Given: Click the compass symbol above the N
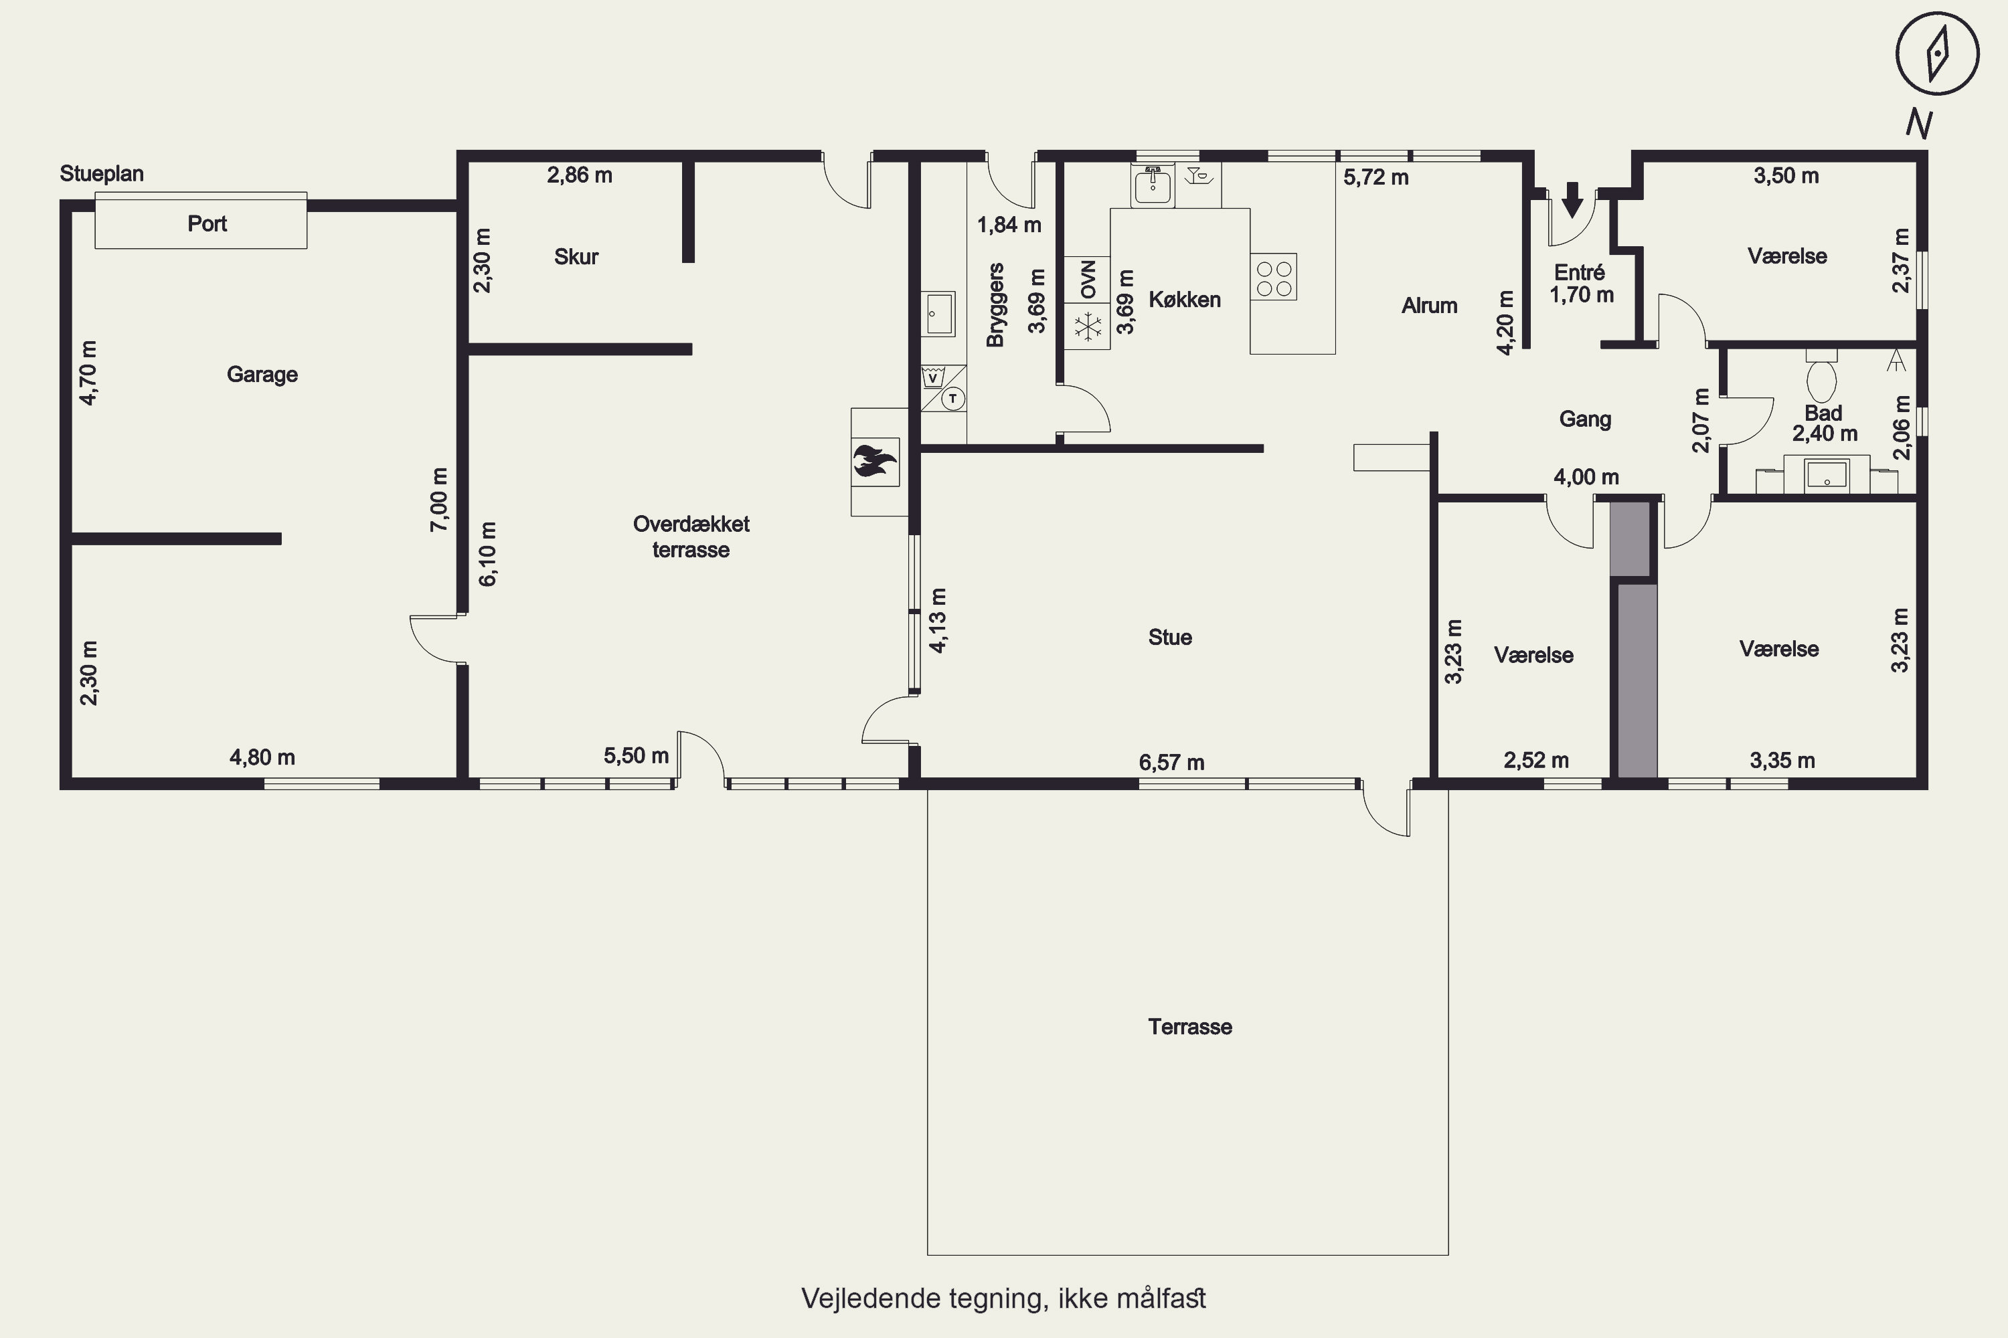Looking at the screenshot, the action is click(x=1937, y=53).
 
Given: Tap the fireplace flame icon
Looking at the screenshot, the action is click(x=875, y=462).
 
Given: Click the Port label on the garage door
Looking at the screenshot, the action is click(x=207, y=223).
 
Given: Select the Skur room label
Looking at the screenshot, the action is click(x=576, y=257).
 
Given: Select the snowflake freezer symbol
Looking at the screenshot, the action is click(x=1088, y=327).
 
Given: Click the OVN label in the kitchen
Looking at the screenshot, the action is click(x=1088, y=280).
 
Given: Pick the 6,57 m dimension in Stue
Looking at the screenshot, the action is click(x=1171, y=762).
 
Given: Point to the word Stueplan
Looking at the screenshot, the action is click(x=102, y=174).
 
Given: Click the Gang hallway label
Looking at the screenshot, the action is click(x=1586, y=419).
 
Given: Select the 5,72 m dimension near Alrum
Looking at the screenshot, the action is click(x=1376, y=177).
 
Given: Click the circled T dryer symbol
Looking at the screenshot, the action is click(x=952, y=399).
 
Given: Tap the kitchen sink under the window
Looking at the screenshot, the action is click(x=1153, y=185).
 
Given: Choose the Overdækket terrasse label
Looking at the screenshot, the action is click(x=691, y=537).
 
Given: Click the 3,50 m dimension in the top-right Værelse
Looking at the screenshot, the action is click(x=1787, y=176).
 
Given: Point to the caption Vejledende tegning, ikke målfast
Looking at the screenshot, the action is click(x=1004, y=1299).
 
